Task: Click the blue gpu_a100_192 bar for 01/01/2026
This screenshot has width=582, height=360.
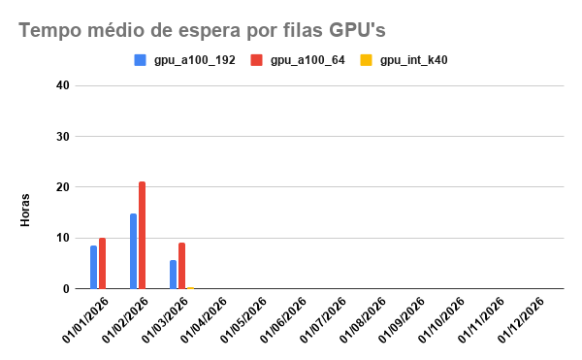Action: [x=93, y=267]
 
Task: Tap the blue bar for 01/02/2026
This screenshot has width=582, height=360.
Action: [x=133, y=251]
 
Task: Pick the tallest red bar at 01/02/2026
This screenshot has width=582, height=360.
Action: [x=142, y=235]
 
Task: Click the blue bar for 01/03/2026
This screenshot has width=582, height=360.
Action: [x=173, y=275]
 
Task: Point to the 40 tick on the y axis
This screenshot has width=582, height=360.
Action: [x=63, y=85]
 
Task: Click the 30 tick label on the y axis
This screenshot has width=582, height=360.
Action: [x=63, y=137]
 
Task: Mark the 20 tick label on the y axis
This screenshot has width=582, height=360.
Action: [x=63, y=187]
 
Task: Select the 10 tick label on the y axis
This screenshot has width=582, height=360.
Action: [x=63, y=238]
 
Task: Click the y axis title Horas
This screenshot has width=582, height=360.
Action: [x=26, y=212]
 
